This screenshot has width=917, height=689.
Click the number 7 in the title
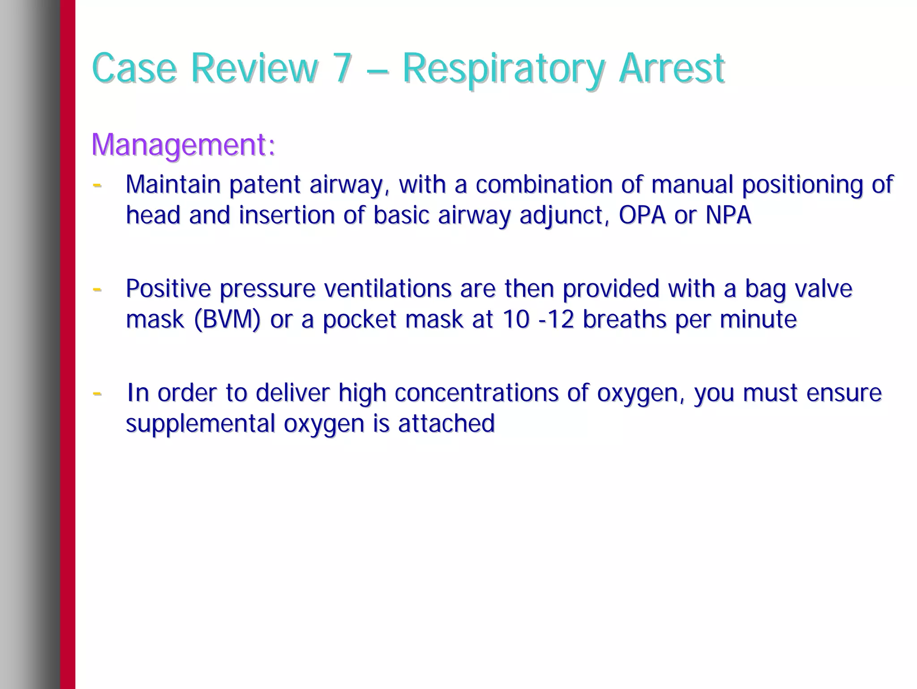point(343,68)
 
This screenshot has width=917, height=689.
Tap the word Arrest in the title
point(672,68)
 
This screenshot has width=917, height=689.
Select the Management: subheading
point(183,145)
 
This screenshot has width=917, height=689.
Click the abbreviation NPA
point(728,215)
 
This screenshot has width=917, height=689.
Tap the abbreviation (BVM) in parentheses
point(227,320)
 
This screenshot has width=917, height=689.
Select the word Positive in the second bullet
point(168,288)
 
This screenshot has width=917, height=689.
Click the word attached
point(446,424)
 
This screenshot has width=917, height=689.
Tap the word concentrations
point(476,393)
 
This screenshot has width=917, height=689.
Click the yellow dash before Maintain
point(97,185)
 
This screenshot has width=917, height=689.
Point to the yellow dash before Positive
point(97,289)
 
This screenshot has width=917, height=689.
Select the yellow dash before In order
point(97,394)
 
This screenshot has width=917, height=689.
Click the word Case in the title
point(134,68)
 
